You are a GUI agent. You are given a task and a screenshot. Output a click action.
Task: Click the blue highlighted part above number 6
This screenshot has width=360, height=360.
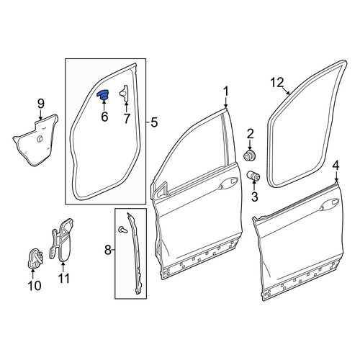(x=103, y=94)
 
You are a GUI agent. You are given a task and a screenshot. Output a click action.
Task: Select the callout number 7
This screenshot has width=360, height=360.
(x=127, y=118)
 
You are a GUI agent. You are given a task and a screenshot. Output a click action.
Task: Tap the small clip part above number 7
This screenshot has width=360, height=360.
(x=125, y=93)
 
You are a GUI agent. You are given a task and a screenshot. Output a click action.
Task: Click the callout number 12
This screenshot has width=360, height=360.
(x=277, y=83)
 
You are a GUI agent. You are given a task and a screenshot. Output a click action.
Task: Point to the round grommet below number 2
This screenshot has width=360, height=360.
(x=250, y=156)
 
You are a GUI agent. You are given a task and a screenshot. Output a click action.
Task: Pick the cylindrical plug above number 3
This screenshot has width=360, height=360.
(x=253, y=176)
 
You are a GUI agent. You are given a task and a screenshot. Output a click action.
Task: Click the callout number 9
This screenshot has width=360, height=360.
(x=41, y=104)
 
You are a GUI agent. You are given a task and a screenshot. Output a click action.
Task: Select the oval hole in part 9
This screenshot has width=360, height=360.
(x=40, y=139)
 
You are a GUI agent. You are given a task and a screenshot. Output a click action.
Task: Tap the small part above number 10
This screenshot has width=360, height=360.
(x=35, y=258)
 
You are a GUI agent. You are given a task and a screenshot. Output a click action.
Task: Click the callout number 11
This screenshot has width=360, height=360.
(x=64, y=279)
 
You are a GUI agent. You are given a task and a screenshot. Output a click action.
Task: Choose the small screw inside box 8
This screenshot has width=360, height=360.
(x=123, y=230)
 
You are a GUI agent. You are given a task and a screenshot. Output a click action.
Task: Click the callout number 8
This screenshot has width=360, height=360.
(x=108, y=251)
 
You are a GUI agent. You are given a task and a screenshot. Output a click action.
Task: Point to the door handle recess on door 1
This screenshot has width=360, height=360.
(x=228, y=183)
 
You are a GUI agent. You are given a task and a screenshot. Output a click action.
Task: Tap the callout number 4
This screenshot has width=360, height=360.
(x=336, y=166)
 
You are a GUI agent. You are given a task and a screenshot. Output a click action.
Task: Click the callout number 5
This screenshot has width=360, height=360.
(x=154, y=122)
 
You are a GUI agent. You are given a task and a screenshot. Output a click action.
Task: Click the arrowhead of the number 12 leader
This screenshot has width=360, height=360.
(x=289, y=94)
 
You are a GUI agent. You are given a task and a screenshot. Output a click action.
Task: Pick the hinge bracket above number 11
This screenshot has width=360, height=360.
(x=61, y=239)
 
